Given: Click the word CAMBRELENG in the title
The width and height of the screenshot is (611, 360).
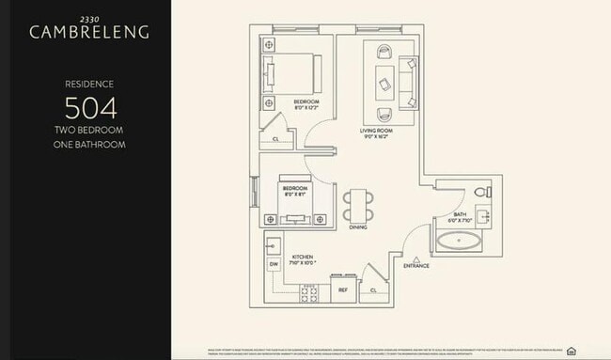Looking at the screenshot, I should click(90, 32).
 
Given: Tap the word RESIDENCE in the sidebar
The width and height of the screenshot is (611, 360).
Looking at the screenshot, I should click(90, 82).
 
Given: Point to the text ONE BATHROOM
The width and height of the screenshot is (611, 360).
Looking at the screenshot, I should click(90, 145).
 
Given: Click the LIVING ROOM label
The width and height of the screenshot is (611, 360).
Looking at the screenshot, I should click(378, 131).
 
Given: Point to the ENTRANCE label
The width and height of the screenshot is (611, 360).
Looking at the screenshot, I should click(416, 266).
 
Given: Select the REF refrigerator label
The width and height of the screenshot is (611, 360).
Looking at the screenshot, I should click(343, 290).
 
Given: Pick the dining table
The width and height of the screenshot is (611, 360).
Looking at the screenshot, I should click(357, 206).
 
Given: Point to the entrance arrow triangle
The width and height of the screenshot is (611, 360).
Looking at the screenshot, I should click(416, 257).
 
